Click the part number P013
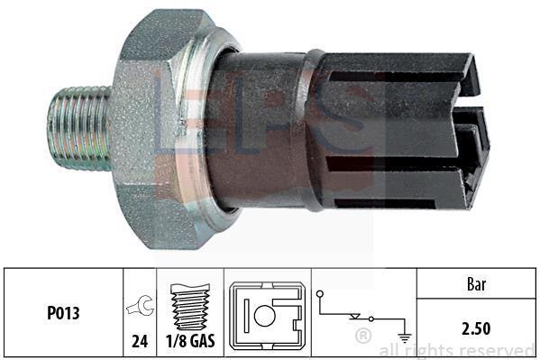click(63, 313)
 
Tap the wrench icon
click(140, 306)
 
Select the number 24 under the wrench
click(140, 341)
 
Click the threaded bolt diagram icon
click(190, 307)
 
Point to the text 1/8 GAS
click(190, 341)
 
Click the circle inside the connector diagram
click(264, 316)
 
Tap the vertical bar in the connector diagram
click(246, 316)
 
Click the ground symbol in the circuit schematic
click(405, 338)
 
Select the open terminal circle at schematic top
click(320, 294)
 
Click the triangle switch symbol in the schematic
click(354, 316)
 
